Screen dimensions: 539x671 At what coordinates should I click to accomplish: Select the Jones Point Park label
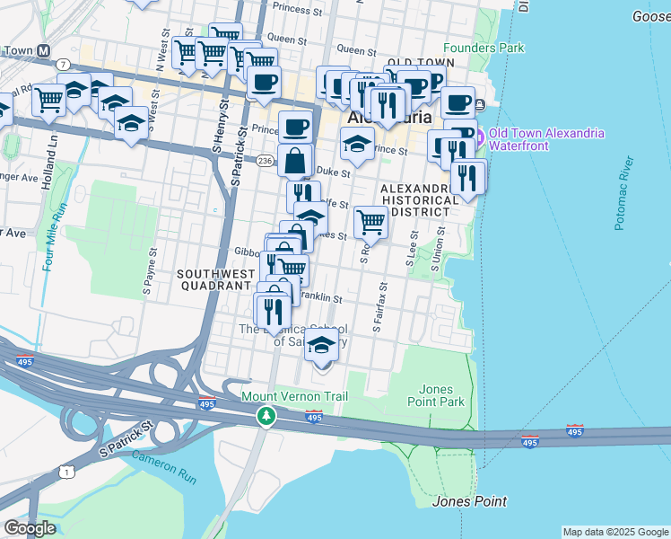[x=442, y=395]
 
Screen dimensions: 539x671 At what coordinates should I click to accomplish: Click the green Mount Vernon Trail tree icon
[x=266, y=416]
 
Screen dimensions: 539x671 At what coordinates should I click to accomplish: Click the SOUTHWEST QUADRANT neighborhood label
[x=213, y=278]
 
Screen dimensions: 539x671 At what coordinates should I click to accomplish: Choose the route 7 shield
[x=63, y=64]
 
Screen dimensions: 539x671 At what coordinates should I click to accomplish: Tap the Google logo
[x=30, y=527]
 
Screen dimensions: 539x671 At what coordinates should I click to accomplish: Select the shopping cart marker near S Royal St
[x=370, y=222]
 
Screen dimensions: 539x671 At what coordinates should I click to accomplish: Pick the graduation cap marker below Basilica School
[x=321, y=345]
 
